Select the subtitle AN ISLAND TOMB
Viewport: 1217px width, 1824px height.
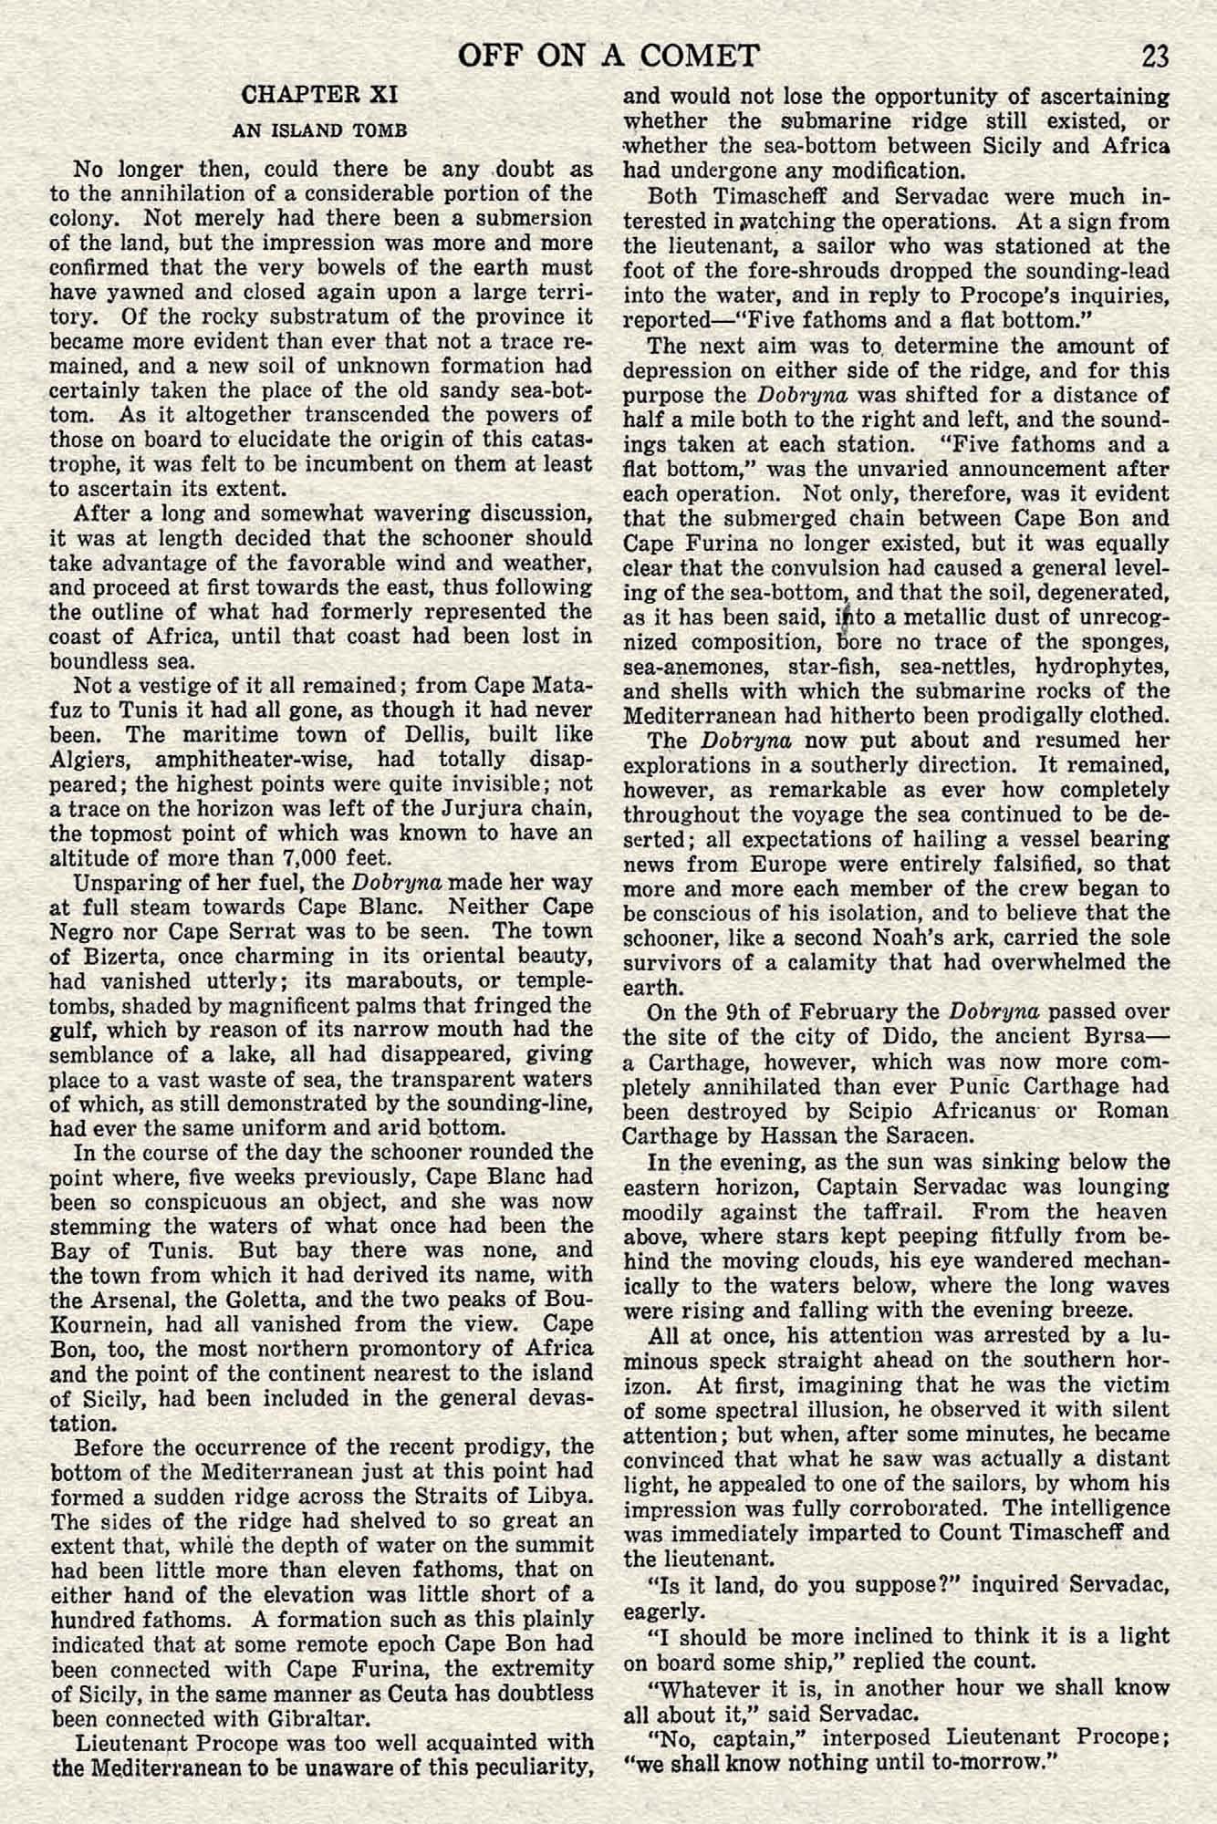319,130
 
